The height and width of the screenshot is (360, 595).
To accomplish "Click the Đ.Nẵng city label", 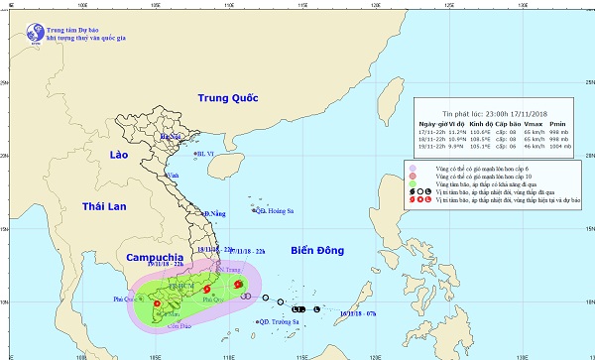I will [x=215, y=213].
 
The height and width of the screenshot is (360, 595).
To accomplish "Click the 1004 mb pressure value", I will [x=560, y=146].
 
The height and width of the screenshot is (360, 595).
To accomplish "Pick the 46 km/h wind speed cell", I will [x=527, y=146].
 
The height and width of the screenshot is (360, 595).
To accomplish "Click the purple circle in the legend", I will [x=412, y=166].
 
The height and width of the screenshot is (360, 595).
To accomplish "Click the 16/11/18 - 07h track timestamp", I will [x=357, y=313].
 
